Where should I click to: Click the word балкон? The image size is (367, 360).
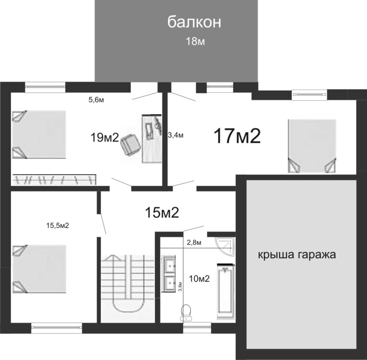(x=194, y=22)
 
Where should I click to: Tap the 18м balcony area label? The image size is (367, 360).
(x=195, y=41)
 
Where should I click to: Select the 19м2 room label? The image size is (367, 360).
(x=105, y=137)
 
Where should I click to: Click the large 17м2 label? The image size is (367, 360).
(x=237, y=136)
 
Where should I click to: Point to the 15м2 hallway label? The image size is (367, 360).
(x=162, y=212)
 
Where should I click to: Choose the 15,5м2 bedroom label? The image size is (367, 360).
(x=58, y=226)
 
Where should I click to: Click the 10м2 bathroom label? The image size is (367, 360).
(x=199, y=278)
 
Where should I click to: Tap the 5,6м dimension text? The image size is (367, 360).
(x=96, y=100)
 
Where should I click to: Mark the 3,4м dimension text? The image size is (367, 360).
(x=176, y=135)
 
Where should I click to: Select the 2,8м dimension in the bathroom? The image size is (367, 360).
(x=194, y=242)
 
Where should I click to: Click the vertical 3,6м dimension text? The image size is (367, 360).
(x=181, y=287)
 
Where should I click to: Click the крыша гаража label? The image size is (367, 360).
(x=297, y=254)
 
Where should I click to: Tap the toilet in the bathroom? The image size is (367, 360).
(x=186, y=312)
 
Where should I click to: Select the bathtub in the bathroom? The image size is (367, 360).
(x=226, y=291)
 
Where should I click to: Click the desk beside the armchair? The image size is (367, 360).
(x=152, y=139)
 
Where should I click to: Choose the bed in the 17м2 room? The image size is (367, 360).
(x=312, y=146)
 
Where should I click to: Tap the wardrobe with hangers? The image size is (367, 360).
(x=54, y=180)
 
